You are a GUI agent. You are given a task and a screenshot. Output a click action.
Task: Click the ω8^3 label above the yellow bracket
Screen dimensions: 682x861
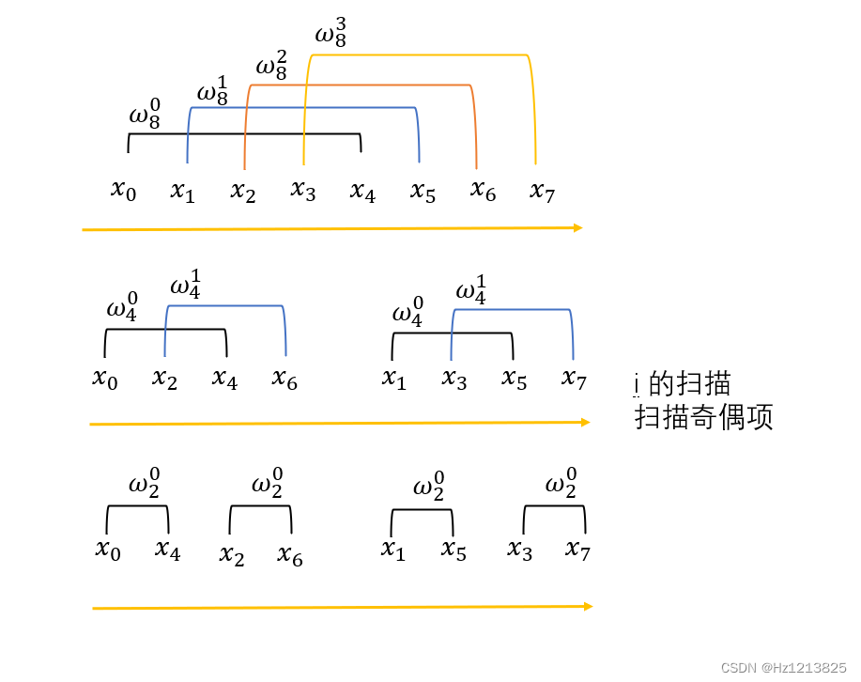(330, 32)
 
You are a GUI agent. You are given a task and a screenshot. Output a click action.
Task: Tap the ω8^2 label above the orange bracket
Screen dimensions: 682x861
(271, 64)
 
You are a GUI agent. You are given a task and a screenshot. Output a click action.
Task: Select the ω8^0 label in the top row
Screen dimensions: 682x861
(145, 116)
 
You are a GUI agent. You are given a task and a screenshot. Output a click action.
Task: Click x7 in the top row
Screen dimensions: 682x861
(542, 192)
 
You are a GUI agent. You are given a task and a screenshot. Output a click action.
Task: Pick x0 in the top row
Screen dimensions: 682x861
(123, 190)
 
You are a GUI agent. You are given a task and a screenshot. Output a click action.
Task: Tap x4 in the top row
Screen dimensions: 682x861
(362, 192)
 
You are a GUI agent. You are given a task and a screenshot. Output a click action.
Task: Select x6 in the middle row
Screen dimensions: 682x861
(284, 379)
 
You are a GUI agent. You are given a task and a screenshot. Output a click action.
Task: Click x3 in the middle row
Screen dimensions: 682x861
(454, 379)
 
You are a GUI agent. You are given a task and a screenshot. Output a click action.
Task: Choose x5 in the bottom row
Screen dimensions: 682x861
(454, 550)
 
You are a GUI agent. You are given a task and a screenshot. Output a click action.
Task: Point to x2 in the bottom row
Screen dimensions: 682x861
(231, 555)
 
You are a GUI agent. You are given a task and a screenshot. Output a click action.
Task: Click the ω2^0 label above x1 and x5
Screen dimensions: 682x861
(428, 487)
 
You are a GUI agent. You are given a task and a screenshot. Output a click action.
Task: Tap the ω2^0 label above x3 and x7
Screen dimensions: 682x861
(561, 485)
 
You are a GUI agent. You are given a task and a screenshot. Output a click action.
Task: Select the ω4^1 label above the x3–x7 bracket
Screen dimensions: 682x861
(471, 289)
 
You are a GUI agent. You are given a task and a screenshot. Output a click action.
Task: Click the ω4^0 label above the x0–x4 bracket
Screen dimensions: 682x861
(122, 307)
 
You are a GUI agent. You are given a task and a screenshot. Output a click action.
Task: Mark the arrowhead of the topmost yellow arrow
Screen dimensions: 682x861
(577, 227)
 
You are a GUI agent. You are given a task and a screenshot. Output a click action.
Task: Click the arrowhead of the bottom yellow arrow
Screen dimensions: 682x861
(588, 607)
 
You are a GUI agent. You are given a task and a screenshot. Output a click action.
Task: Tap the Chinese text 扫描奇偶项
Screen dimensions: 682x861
(703, 417)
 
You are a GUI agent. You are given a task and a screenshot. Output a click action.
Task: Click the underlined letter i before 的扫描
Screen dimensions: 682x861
(637, 383)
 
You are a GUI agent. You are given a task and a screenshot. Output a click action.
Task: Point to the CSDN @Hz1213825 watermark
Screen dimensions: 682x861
(783, 667)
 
